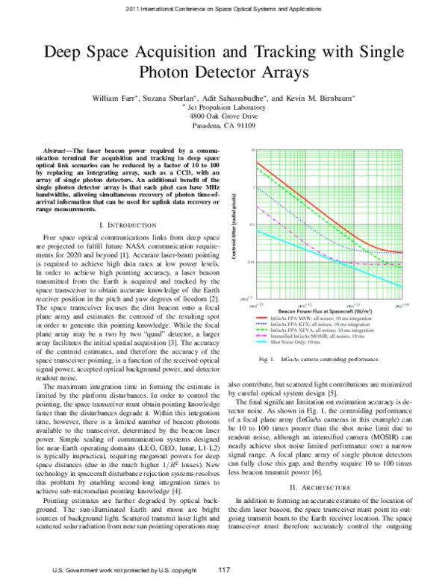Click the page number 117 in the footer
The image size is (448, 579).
pyautogui.click(x=223, y=571)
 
